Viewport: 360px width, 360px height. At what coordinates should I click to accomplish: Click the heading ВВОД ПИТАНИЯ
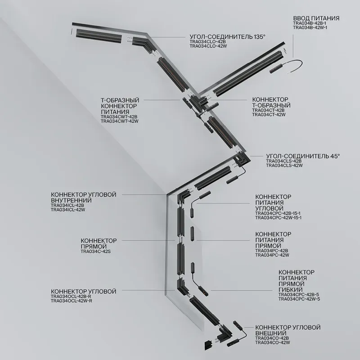pos(316,18)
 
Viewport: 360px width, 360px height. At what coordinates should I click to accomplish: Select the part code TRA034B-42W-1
pos(310,27)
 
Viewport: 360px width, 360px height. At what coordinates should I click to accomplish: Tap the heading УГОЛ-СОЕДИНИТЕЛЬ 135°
pos(227,37)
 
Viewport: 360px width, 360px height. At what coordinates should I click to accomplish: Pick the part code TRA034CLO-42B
pos(208,42)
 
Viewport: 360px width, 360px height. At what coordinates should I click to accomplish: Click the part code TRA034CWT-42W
pos(120,121)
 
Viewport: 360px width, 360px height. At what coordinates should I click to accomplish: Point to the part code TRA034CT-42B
pos(269,110)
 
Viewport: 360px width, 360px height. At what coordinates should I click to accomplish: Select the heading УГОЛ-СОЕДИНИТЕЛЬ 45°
pos(303,156)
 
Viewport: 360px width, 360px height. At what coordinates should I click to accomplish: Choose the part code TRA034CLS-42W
pos(284,165)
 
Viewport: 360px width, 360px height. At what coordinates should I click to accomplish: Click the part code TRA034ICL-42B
pos(67,205)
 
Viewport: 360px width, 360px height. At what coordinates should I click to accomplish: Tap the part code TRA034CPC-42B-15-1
pos(278,213)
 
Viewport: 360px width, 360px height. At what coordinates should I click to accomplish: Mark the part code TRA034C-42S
pos(95,252)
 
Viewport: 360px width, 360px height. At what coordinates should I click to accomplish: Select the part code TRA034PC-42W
pos(272,255)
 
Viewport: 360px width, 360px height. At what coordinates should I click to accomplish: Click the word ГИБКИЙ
pos(290,290)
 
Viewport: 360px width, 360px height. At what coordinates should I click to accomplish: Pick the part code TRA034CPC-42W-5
pos(299,299)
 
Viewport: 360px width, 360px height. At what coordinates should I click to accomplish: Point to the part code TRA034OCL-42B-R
pos(71,297)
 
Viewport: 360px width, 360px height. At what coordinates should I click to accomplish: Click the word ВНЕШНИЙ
pos(271,333)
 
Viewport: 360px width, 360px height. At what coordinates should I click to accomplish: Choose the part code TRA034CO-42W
pos(273,342)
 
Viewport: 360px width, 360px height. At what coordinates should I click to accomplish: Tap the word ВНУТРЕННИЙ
pos(71,200)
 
